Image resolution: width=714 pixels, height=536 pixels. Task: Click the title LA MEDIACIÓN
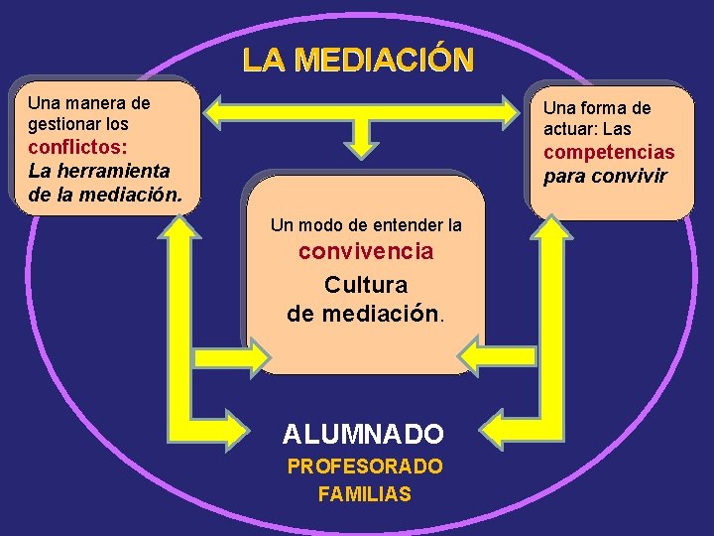point(358,61)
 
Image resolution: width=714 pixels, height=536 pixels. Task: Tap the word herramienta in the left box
point(112,171)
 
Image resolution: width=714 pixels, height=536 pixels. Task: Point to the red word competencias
point(609,153)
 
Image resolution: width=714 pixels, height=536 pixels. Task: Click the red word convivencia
point(366,252)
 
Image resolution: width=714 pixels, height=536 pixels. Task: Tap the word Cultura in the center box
point(366,285)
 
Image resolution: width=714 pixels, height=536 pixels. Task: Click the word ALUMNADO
point(363,434)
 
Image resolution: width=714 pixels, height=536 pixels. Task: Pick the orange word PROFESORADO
point(365,467)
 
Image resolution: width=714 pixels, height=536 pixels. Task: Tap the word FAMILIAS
point(365,493)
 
